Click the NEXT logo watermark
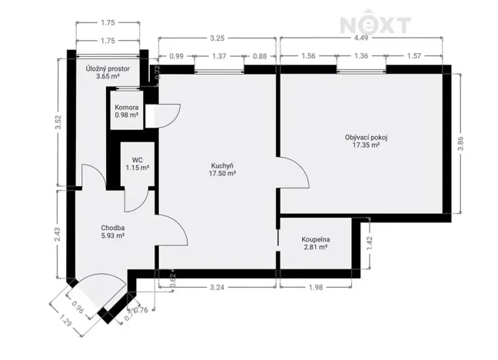pyautogui.click(x=375, y=24)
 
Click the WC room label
pyautogui.click(x=138, y=164)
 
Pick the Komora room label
pyautogui.click(x=126, y=111)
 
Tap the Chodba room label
pyautogui.click(x=113, y=232)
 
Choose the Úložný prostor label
pyautogui.click(x=108, y=72)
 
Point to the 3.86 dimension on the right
pyautogui.click(x=460, y=143)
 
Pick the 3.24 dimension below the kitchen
pyautogui.click(x=217, y=288)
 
